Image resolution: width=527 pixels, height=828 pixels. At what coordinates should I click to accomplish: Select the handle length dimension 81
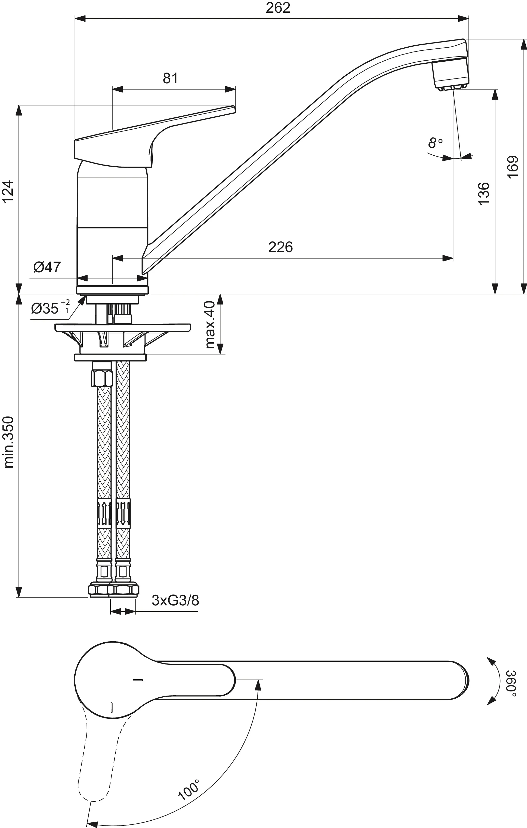coord(170,78)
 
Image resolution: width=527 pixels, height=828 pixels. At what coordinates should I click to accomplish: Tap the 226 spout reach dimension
coord(280,247)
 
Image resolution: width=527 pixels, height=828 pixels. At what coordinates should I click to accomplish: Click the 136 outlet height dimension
coord(483,194)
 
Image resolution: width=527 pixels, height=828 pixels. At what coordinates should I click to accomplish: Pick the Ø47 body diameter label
coord(47,267)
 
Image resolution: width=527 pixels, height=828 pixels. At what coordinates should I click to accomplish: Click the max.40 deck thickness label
coord(210,324)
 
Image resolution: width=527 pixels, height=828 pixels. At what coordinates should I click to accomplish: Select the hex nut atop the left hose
coord(102,378)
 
